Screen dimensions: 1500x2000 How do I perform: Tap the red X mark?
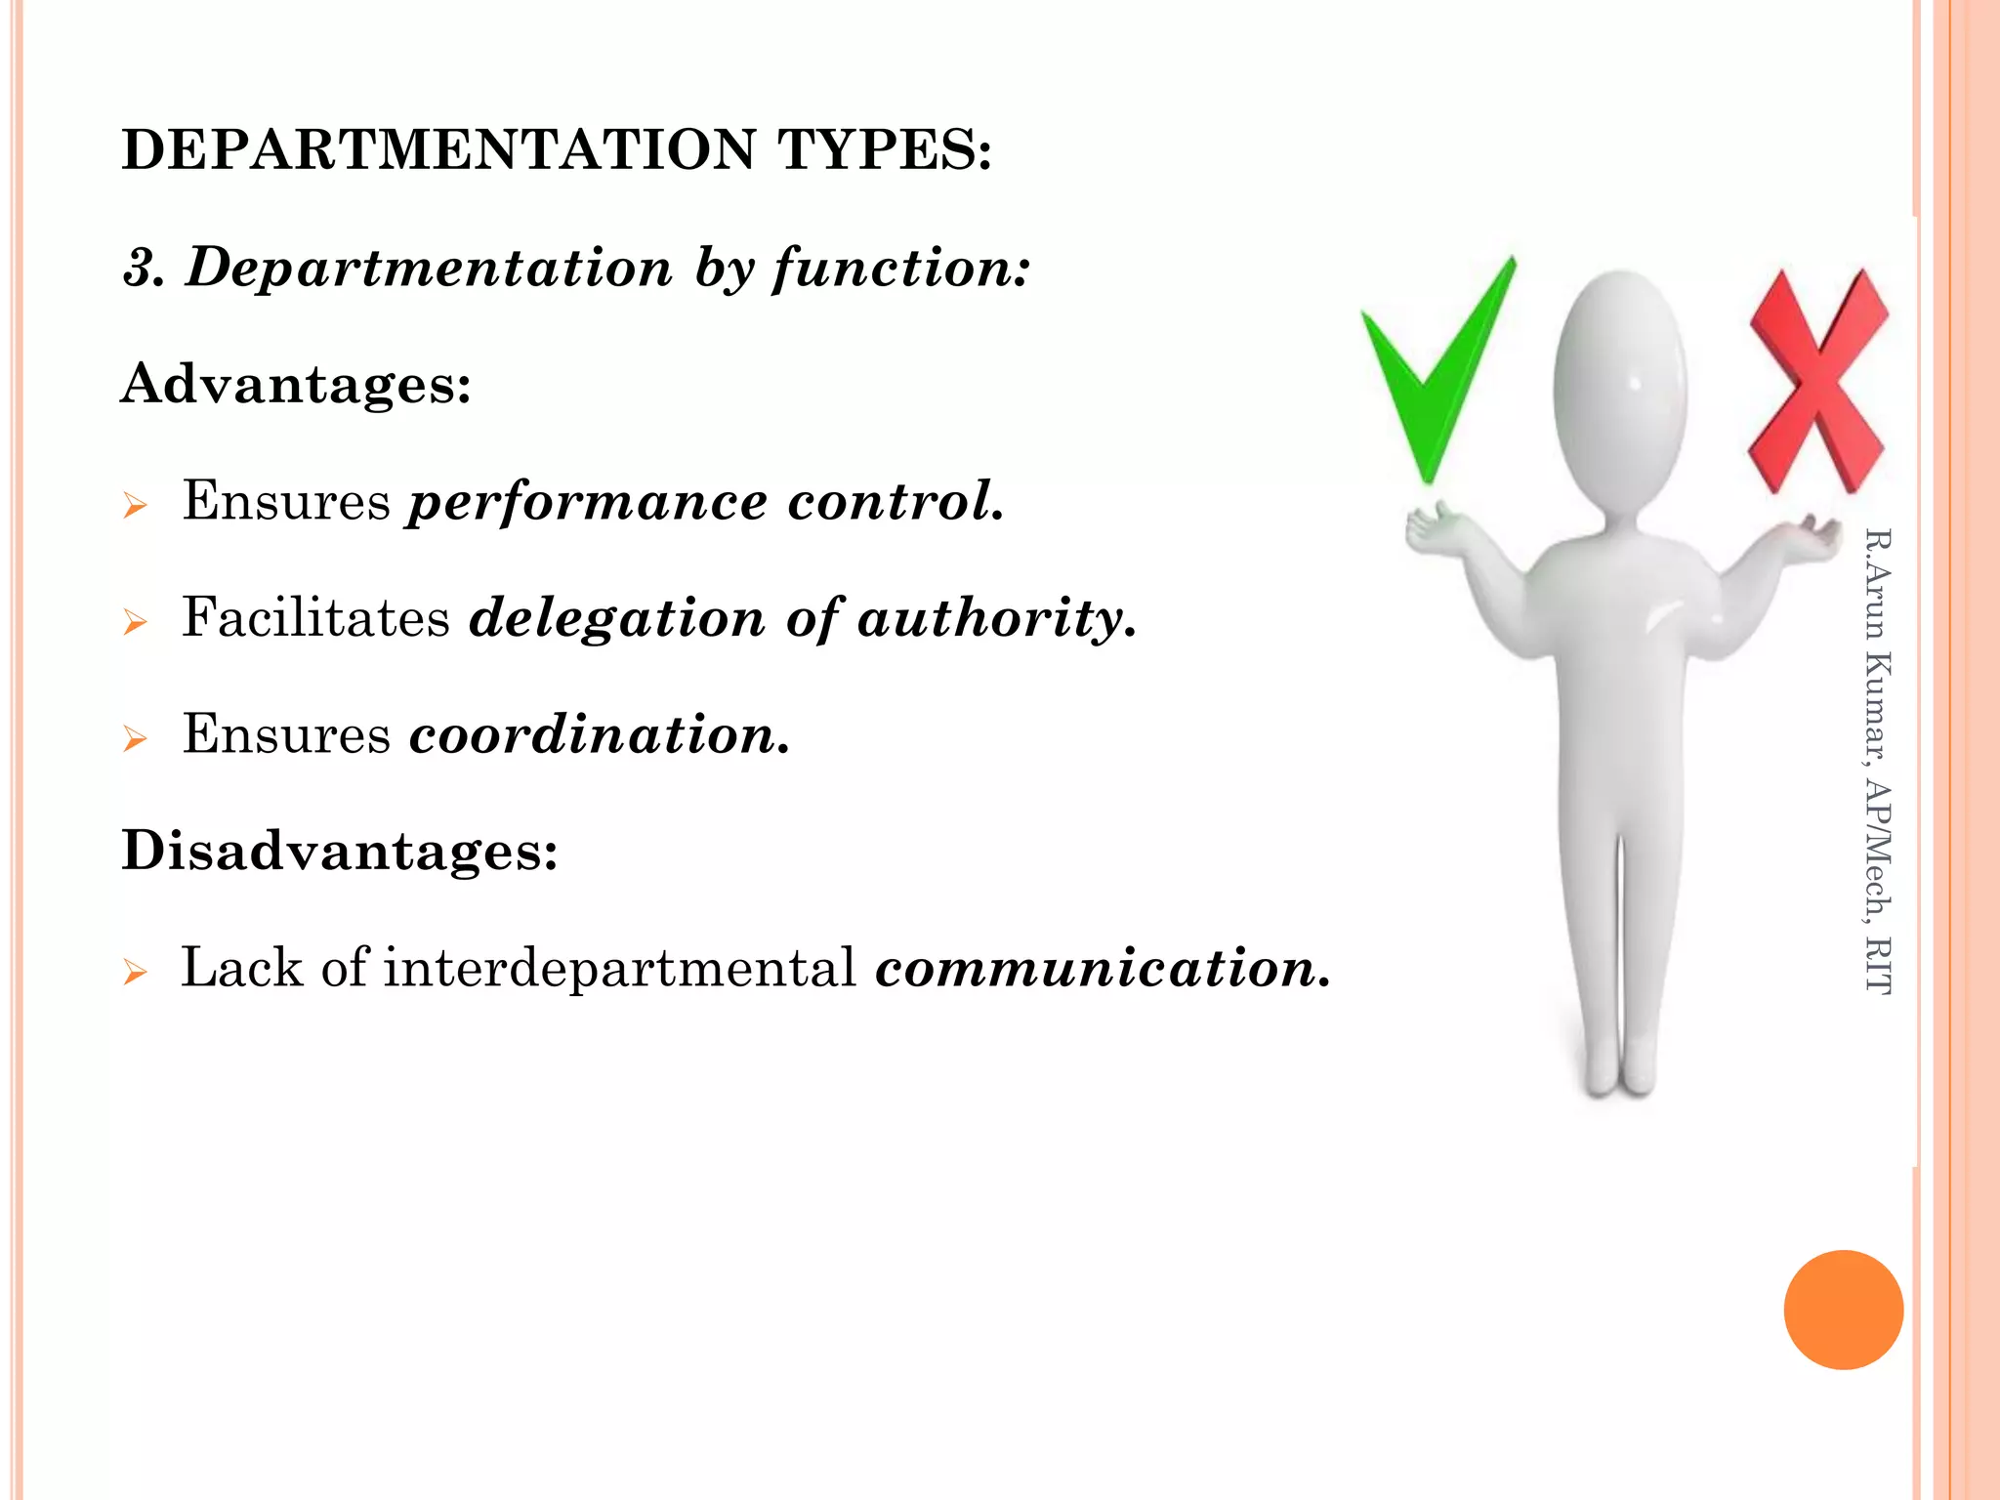click(1816, 381)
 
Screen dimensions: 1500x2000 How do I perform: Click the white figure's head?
click(1620, 391)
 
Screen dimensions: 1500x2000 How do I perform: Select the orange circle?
click(1843, 1310)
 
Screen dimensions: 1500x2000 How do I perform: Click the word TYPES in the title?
click(884, 150)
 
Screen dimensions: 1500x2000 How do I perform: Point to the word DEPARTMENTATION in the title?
click(438, 150)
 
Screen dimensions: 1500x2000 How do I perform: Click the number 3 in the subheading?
click(143, 268)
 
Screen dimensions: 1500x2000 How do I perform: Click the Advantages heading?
click(296, 383)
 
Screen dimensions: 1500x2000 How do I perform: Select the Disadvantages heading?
click(340, 850)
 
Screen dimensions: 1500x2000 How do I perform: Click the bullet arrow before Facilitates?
click(135, 622)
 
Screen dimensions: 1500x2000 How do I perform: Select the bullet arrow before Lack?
click(135, 972)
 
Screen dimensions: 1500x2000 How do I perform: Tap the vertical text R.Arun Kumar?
click(1877, 645)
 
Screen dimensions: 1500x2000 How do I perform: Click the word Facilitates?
click(315, 618)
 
